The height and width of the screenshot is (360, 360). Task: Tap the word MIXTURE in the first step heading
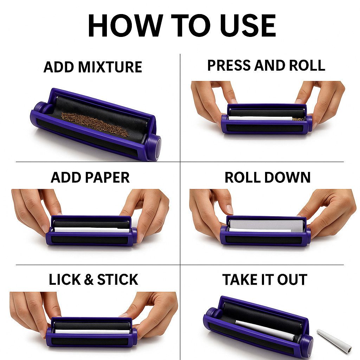click(110, 67)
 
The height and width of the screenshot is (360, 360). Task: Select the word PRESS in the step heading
click(230, 65)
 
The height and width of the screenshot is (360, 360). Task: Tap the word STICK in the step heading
click(118, 279)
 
